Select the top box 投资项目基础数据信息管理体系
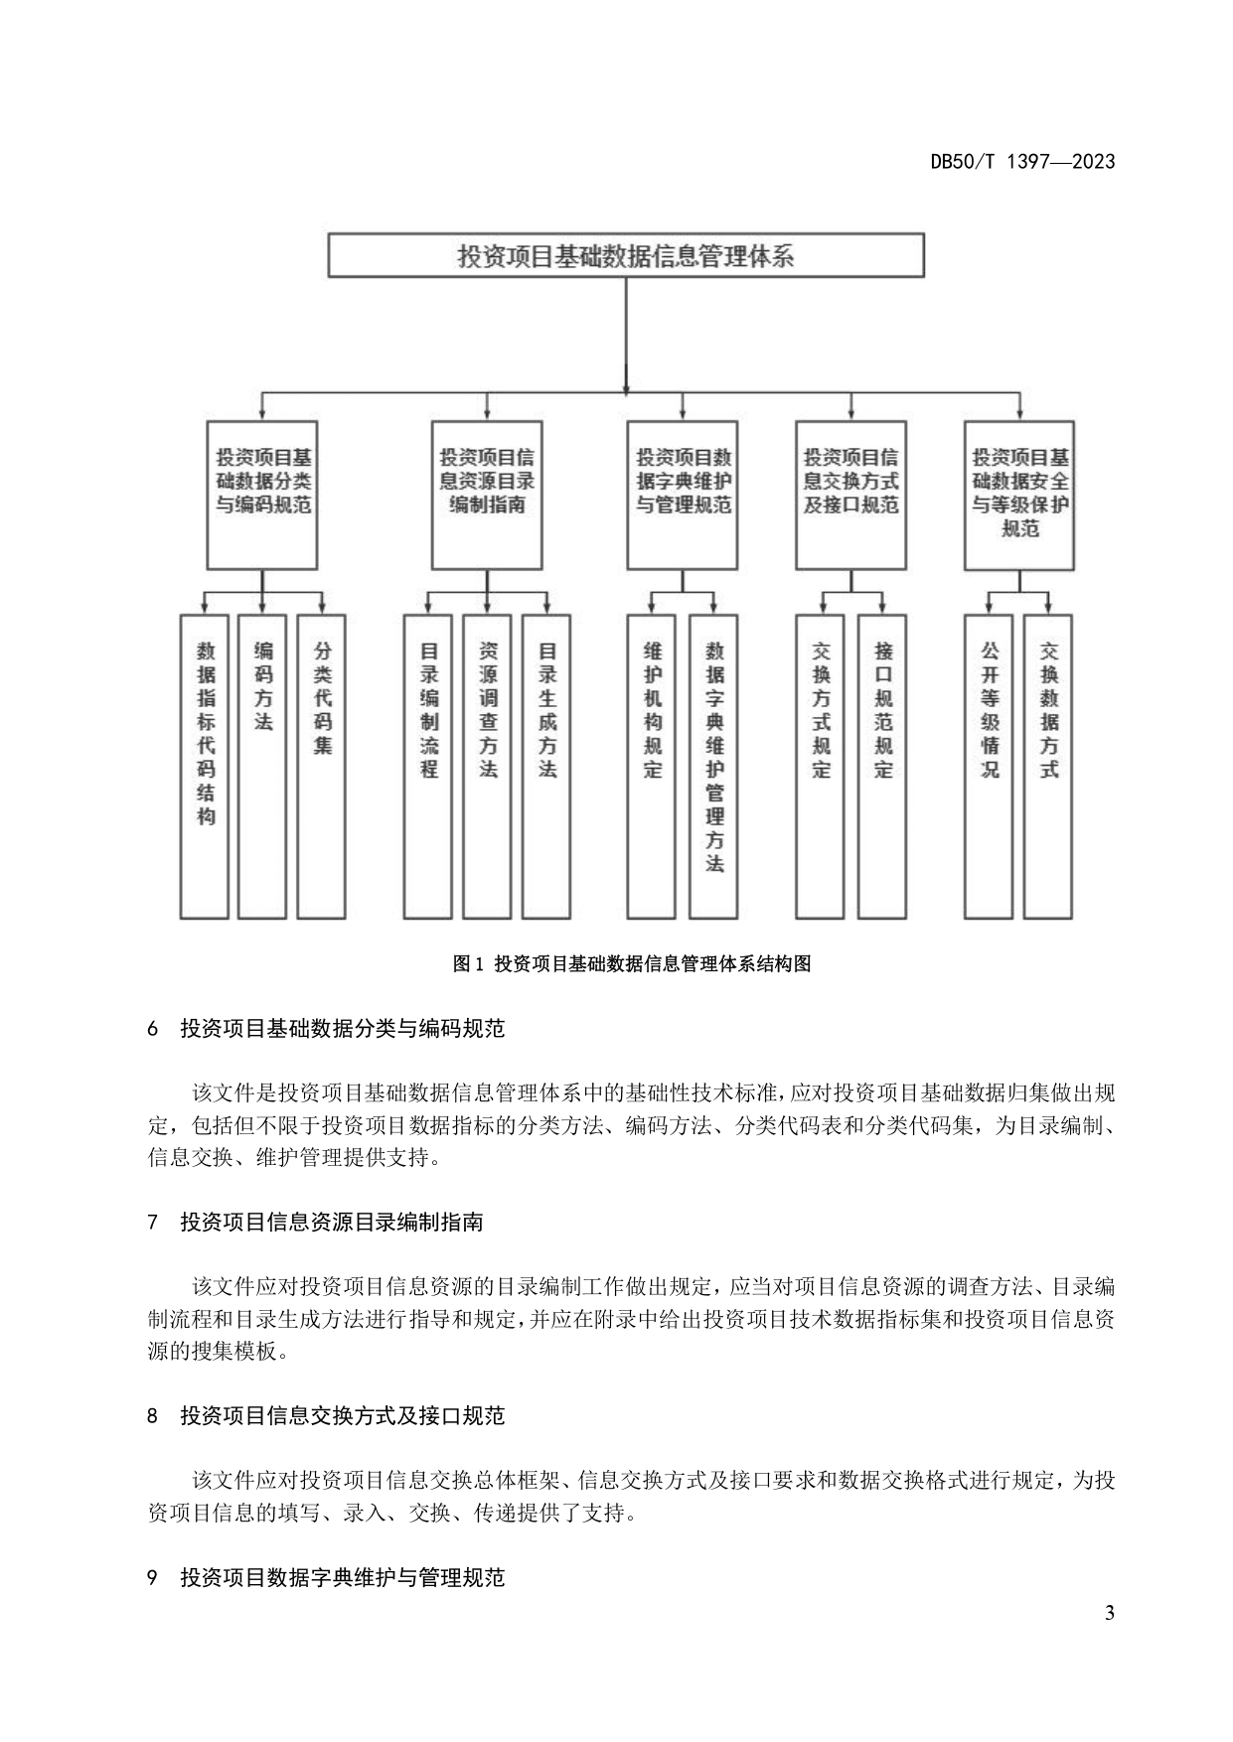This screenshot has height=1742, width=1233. point(626,256)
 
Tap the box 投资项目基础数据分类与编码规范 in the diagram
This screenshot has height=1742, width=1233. point(262,495)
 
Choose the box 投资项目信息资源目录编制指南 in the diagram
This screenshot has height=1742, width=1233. point(487,495)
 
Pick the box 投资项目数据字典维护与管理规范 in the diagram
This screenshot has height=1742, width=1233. point(683,495)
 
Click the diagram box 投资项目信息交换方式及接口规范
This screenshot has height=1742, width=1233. point(850,495)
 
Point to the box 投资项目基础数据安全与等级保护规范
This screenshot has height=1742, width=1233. point(1019,495)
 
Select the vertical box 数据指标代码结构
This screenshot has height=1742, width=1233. point(205,766)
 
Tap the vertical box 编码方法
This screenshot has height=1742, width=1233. point(262,766)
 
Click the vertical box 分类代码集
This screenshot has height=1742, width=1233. point(322,766)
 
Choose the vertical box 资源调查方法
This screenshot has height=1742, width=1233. point(488,766)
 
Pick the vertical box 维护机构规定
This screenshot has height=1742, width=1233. point(652,766)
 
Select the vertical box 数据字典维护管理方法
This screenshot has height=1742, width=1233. point(713,766)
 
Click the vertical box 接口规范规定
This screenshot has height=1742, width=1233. point(882,766)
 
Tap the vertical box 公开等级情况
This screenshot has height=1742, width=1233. point(990,766)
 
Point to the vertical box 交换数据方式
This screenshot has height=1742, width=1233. point(1049,766)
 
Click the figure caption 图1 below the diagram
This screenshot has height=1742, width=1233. point(632,963)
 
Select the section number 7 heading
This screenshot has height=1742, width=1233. point(153,1223)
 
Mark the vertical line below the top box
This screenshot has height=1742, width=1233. point(626,333)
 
